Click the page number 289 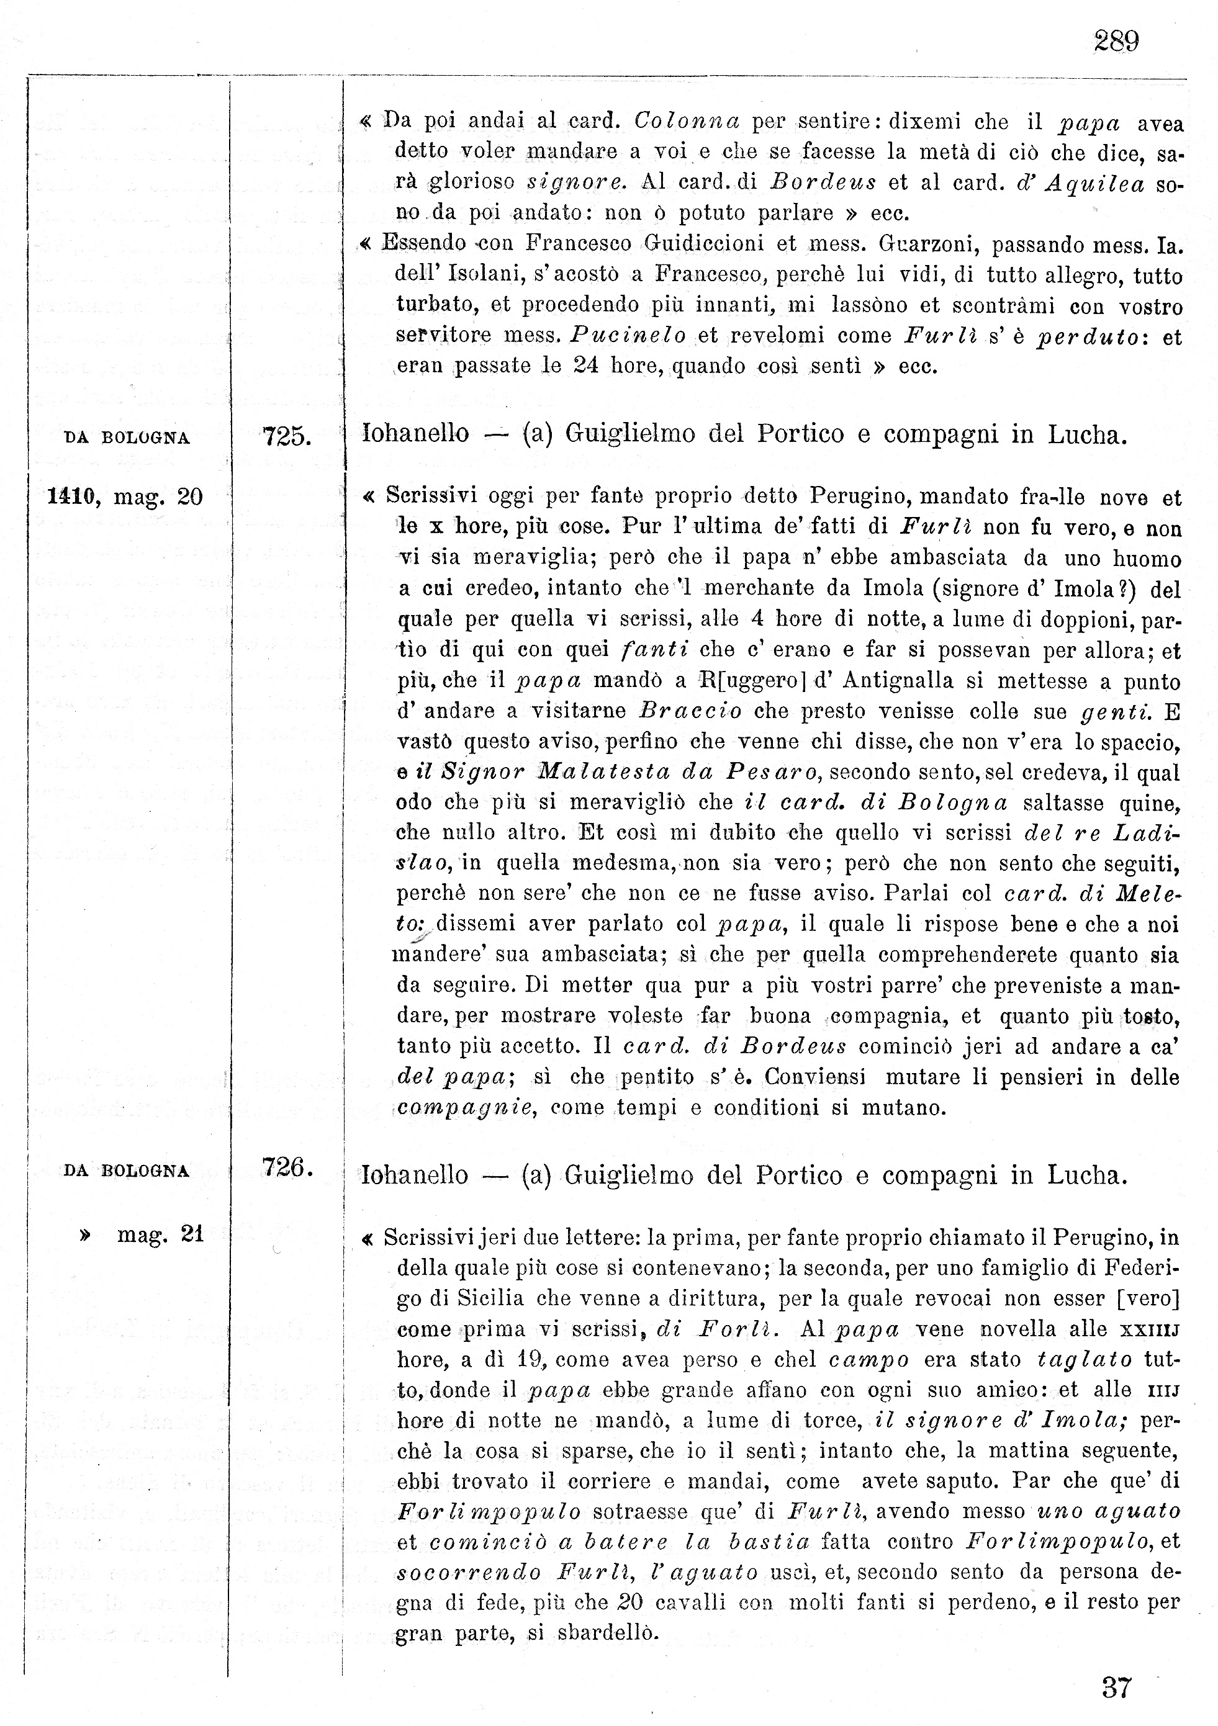[x=1116, y=40]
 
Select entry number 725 [x=286, y=436]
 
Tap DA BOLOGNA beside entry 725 [x=127, y=438]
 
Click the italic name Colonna [x=687, y=121]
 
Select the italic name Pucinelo [x=628, y=335]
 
